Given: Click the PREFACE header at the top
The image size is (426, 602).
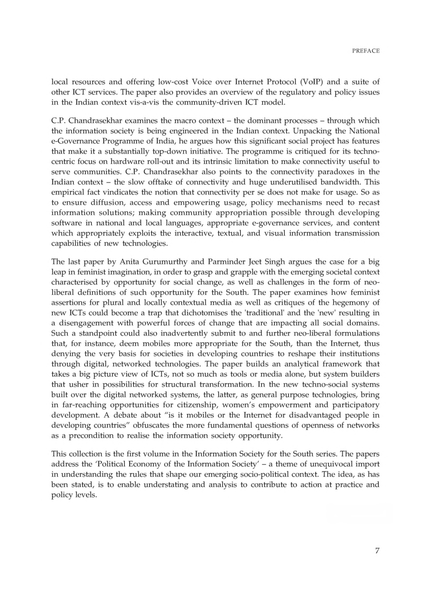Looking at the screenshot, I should [x=366, y=51].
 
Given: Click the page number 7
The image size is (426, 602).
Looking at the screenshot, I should [x=377, y=551].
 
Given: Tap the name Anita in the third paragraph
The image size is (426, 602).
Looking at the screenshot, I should [x=129, y=262].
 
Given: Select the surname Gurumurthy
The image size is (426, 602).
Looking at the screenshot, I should [x=165, y=262].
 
